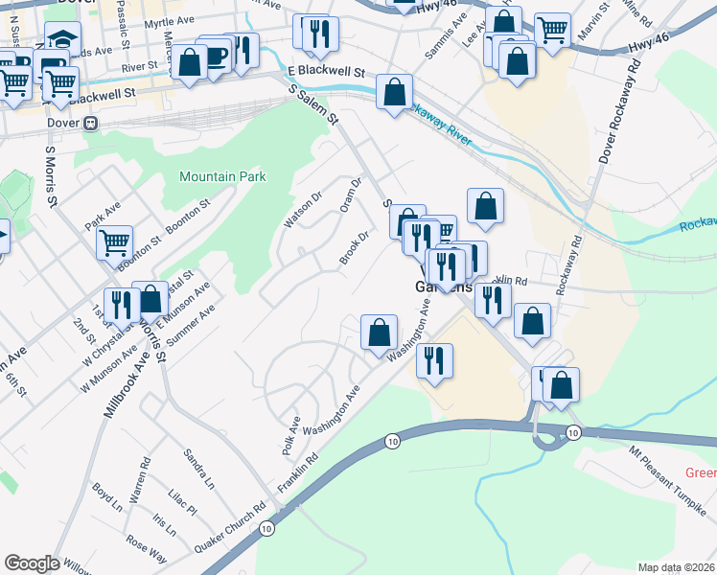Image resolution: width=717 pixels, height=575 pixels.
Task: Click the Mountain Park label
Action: (x=221, y=176)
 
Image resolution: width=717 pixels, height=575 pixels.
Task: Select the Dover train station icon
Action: (x=91, y=123)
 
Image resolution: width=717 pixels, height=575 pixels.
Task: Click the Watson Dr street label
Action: (x=298, y=211)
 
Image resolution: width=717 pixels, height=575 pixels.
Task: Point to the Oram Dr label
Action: (x=350, y=195)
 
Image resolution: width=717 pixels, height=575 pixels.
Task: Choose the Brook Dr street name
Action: (x=355, y=248)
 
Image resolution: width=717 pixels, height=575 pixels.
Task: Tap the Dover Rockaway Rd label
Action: (x=618, y=112)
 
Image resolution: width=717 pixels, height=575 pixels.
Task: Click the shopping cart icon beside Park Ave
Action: (x=114, y=241)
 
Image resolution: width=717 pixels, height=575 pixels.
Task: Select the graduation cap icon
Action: (x=62, y=39)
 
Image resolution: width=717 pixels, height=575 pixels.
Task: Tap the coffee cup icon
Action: (x=215, y=55)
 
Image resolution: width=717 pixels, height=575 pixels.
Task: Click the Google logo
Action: (x=32, y=563)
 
